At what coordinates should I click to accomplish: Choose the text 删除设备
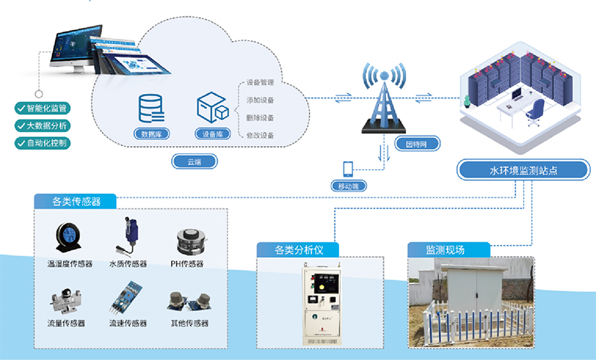click(x=260, y=118)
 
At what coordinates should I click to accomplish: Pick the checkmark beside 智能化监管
click(x=20, y=109)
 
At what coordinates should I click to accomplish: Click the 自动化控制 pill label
click(x=46, y=142)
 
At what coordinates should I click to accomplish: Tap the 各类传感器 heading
click(x=77, y=201)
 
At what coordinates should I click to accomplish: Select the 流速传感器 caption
click(x=128, y=323)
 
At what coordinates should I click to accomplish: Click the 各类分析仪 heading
click(x=297, y=249)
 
